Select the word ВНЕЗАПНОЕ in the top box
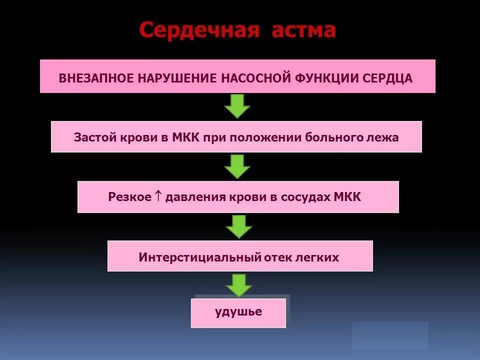(95, 78)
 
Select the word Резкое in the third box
(129, 197)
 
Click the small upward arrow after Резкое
(158, 196)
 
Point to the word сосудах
(309, 197)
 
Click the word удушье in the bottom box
(238, 312)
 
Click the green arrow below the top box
(237, 105)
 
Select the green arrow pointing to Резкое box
(237, 166)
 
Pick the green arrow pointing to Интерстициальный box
(238, 226)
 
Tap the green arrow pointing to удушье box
(238, 284)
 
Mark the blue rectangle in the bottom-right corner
(390, 334)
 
